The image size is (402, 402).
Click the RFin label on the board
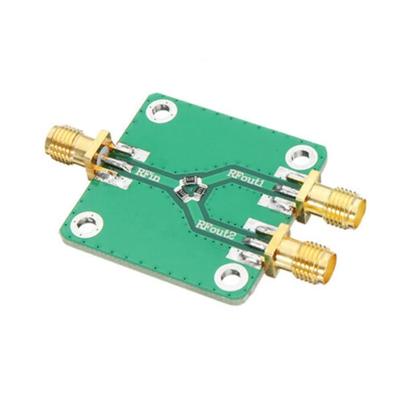[x=149, y=175]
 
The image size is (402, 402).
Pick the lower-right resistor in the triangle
[x=197, y=191]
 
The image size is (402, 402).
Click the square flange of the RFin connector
[x=95, y=154]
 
